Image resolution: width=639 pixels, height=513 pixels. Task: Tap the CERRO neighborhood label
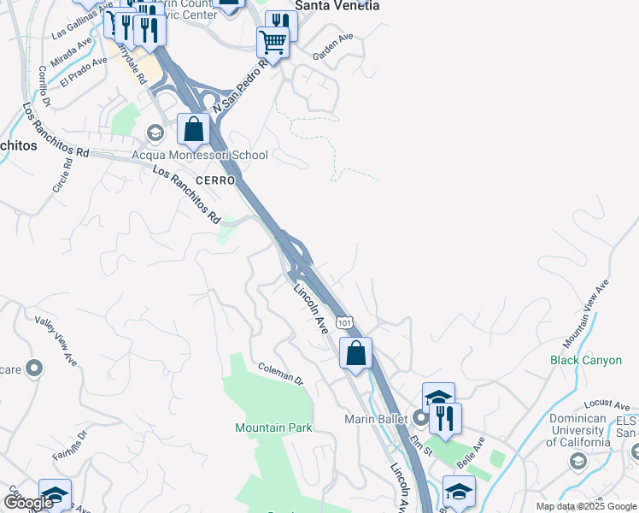(x=214, y=180)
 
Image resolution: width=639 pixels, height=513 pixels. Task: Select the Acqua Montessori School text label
(x=199, y=155)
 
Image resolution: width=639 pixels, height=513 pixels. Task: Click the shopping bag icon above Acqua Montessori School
(x=194, y=130)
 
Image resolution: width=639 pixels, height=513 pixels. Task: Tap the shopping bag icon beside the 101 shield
(x=355, y=352)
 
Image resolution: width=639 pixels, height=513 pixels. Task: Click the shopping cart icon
(x=273, y=41)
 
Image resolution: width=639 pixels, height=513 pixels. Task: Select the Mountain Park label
(x=273, y=427)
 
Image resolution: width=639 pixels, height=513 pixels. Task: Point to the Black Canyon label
(x=586, y=360)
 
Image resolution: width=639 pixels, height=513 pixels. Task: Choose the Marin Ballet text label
(x=378, y=419)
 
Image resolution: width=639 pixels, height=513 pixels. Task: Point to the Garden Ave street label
(x=332, y=48)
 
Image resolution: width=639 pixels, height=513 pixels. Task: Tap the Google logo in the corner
(x=28, y=503)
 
